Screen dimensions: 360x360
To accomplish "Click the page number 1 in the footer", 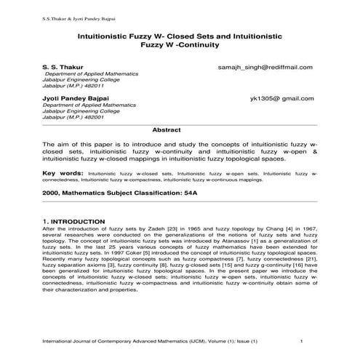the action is point(301,341).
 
